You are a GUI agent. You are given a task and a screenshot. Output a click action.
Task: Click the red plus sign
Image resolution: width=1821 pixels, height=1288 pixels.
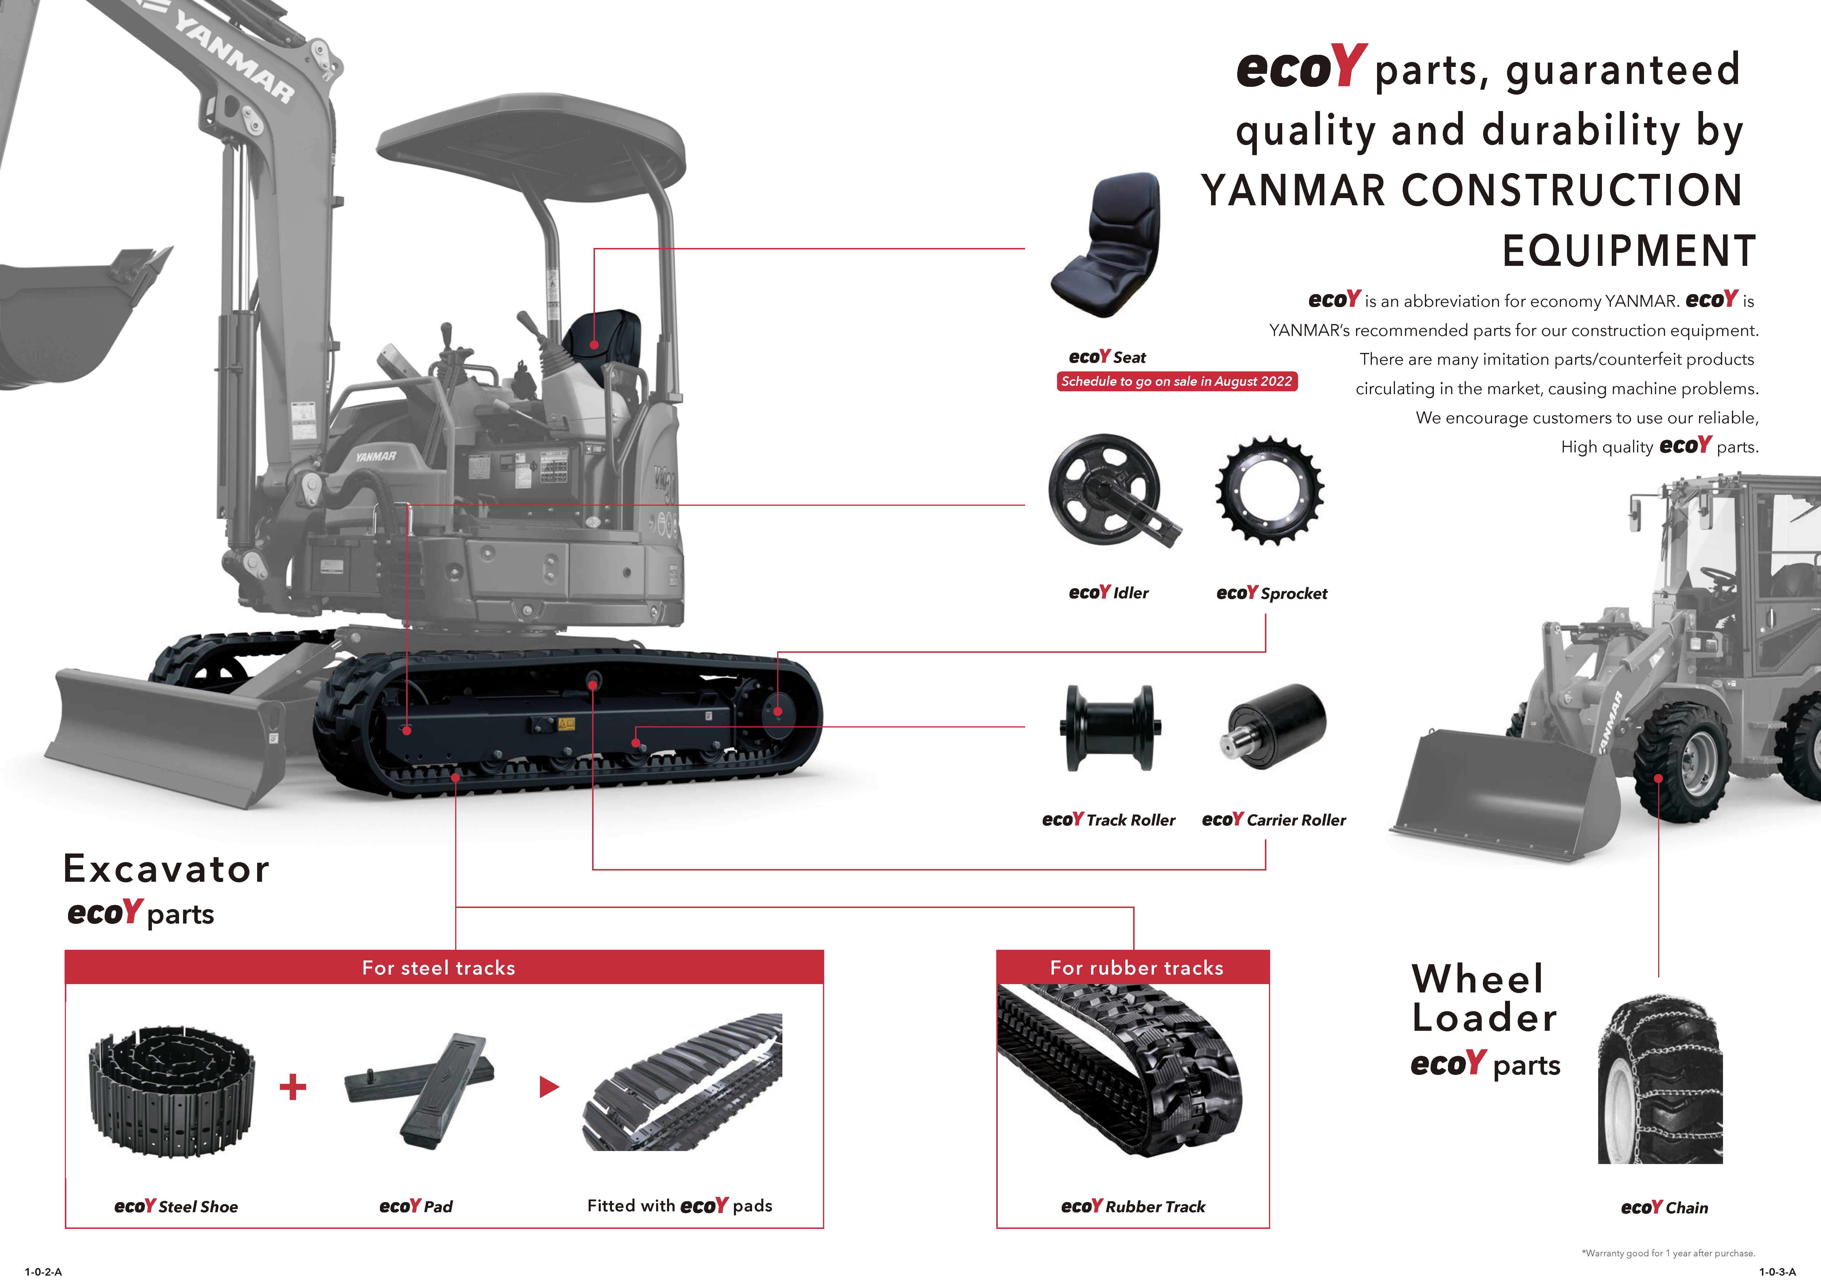[293, 1086]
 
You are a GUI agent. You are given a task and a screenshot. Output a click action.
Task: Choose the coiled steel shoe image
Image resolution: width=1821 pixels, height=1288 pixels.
[172, 1090]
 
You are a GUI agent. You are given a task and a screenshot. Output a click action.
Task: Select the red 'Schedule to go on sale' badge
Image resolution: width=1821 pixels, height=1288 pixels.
[1176, 381]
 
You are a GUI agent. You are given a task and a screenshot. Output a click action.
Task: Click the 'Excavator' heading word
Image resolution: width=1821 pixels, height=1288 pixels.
[167, 869]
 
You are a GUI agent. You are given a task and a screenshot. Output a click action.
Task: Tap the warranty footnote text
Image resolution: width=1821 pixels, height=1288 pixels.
[1668, 1253]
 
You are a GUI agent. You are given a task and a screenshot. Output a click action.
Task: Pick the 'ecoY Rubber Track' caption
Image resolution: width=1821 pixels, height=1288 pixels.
[1133, 1206]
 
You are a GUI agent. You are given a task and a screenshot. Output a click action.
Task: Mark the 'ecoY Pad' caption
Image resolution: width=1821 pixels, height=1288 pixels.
[416, 1206]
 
